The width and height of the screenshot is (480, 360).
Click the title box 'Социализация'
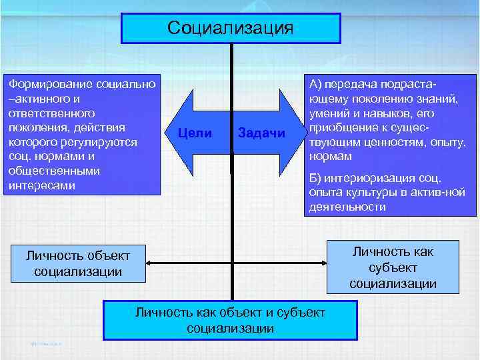(x=231, y=27)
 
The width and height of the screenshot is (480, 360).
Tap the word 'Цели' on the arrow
(x=196, y=133)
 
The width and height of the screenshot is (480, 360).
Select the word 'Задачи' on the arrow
(x=261, y=133)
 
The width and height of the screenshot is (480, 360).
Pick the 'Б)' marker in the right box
(x=315, y=178)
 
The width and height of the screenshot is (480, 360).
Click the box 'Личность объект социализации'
(x=78, y=263)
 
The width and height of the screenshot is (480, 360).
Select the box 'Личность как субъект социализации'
(x=393, y=267)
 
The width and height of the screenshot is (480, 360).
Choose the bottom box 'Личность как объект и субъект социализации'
(x=230, y=319)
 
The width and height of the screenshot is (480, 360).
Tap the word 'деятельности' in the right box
(x=347, y=207)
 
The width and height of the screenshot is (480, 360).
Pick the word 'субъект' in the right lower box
(x=393, y=267)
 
